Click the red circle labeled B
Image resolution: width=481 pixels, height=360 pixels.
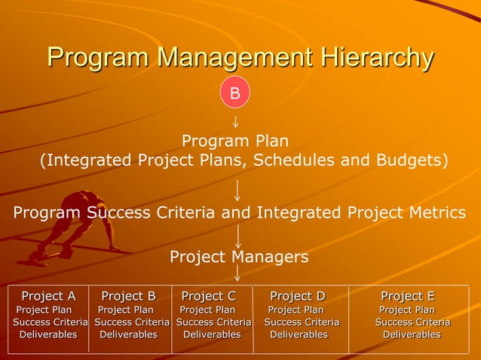click(234, 93)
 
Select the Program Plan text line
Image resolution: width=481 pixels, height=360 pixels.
click(235, 141)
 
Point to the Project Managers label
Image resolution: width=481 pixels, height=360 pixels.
click(239, 257)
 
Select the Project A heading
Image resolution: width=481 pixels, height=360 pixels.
click(48, 296)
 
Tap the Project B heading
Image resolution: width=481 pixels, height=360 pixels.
click(128, 296)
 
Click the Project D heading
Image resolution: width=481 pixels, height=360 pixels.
click(297, 296)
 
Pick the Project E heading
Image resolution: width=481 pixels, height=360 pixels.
click(408, 296)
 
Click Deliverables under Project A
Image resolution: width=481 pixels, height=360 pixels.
click(48, 334)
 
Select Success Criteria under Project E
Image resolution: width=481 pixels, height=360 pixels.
click(412, 322)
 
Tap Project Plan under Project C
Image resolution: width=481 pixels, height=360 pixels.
click(207, 310)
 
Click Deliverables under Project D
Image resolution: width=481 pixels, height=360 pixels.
click(299, 334)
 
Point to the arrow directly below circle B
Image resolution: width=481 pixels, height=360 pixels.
click(236, 120)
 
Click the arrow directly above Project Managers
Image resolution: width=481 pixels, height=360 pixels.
click(238, 236)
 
